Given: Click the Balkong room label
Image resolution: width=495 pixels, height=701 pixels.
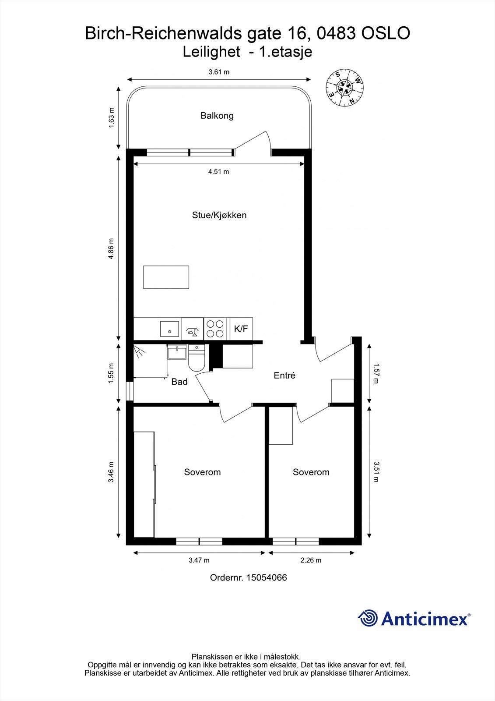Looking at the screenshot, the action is pos(217,116).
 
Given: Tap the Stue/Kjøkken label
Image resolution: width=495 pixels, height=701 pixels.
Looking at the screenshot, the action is pos(219,215).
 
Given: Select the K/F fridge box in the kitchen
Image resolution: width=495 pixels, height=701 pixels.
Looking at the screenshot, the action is pos(241,329).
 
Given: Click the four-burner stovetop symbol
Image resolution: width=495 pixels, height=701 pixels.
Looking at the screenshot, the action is pos(215,329).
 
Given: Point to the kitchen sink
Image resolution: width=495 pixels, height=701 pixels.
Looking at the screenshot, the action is pos(169,329).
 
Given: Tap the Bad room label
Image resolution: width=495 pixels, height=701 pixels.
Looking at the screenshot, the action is pos(179,382).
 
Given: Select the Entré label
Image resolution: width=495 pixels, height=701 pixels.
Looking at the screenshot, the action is pos(284,375).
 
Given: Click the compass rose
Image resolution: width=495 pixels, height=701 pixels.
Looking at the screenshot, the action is pos(344,87).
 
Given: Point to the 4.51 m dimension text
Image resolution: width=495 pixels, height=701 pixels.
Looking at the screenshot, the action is pos(218,171).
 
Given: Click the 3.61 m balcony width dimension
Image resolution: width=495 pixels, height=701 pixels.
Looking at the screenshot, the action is pos(219,72).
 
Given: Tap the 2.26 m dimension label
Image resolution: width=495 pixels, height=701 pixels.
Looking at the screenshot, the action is pos(311,560).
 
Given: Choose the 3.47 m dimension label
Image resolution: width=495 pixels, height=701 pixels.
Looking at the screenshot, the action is pos(199,560).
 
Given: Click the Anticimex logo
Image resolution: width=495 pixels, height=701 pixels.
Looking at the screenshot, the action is pos(414,618).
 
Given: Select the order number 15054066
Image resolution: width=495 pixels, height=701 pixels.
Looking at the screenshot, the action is pos(267,577).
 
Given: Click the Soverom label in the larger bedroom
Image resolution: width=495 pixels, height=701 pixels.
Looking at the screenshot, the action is pos(202,472).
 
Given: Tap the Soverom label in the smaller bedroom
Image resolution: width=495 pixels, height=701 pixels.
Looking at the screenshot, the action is pos(311,472).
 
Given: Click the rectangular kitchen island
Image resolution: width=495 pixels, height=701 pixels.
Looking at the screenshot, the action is pos(166,277).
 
